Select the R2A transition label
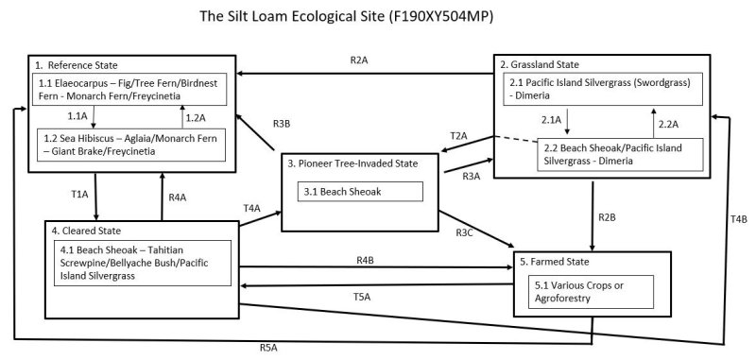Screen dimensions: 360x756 (358, 60)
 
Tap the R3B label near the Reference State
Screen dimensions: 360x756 (282, 124)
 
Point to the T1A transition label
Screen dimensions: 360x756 (79, 195)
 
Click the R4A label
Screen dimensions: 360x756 (177, 197)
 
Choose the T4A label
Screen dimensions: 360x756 (251, 208)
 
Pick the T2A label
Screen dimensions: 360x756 (458, 136)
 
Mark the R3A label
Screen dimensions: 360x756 (471, 177)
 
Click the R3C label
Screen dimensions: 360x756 (464, 232)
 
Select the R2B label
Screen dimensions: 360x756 (608, 219)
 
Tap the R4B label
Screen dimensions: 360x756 (366, 260)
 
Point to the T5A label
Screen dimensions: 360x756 (361, 296)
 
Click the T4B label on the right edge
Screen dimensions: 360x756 (738, 220)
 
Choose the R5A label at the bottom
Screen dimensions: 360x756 (268, 348)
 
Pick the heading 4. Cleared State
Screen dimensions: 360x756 (88, 230)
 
